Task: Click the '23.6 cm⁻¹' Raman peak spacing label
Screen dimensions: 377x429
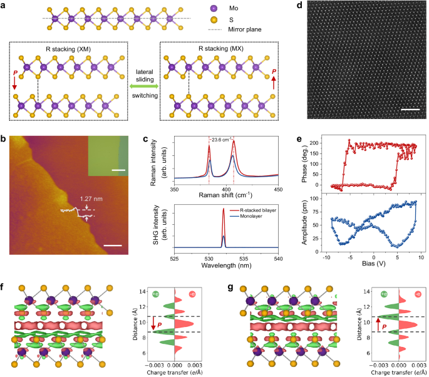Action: (221, 139)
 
